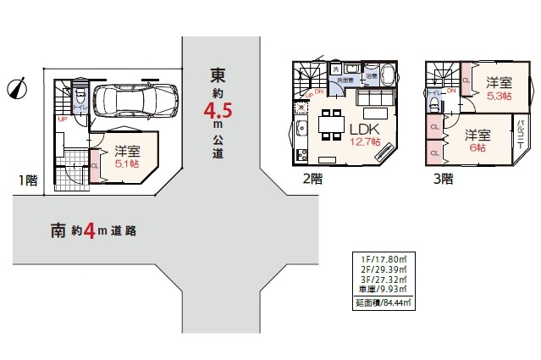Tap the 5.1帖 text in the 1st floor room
pyautogui.click(x=127, y=163)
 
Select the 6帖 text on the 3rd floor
pyautogui.click(x=479, y=147)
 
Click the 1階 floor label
pyautogui.click(x=25, y=179)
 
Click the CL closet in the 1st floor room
pyautogui.click(x=94, y=166)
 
